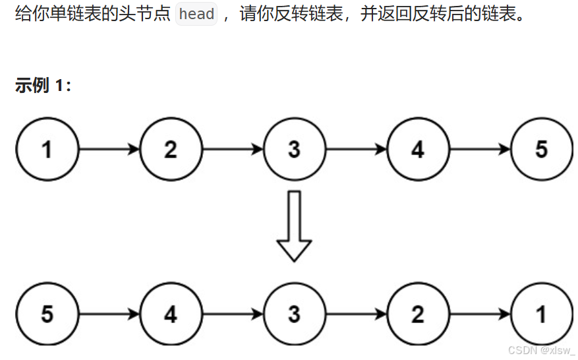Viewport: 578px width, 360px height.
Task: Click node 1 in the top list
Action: point(47,149)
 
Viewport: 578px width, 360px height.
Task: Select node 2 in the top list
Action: point(171,149)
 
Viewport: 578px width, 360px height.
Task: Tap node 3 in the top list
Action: point(294,149)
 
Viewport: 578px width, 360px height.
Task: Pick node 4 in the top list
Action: point(418,149)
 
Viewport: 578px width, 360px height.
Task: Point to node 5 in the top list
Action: point(541,149)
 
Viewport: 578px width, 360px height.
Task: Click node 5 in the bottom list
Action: point(47,315)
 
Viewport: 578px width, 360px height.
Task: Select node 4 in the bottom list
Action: point(171,315)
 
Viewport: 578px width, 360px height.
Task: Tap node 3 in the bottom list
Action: point(294,315)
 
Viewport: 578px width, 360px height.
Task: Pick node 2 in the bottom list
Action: point(418,315)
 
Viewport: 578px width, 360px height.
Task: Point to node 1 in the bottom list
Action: point(541,315)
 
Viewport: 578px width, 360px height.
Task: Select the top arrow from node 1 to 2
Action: point(109,149)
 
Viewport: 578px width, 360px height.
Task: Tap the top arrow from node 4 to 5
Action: point(479,149)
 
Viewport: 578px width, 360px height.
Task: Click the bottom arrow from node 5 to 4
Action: point(109,315)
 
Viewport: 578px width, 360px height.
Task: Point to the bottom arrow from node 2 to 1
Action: point(479,315)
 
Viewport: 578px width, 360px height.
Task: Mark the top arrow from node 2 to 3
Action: point(232,149)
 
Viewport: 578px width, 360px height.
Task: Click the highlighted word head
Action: point(196,15)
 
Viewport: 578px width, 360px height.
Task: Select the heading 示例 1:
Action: point(43,85)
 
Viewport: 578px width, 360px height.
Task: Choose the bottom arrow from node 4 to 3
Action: point(232,315)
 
